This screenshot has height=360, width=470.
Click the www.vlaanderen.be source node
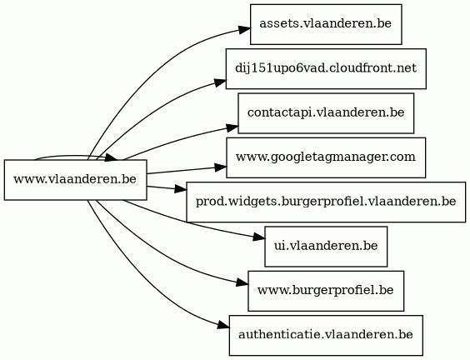[x=75, y=179]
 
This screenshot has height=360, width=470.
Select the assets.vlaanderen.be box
[x=326, y=24]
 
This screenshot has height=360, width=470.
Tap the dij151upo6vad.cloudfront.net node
[x=326, y=68]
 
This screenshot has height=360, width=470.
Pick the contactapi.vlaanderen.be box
[x=326, y=113]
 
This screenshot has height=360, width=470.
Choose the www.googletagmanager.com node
[x=326, y=157]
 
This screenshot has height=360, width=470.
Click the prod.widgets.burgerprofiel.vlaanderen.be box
[x=326, y=202]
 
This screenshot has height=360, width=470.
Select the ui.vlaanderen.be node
[x=326, y=246]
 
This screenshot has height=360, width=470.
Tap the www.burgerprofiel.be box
[x=326, y=291]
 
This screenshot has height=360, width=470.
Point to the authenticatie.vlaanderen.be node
[x=326, y=335]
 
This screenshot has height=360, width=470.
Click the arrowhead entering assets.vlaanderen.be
[x=245, y=30]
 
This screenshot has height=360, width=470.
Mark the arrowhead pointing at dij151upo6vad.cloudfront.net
[x=220, y=82]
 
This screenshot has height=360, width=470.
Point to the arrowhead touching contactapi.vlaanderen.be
[x=232, y=128]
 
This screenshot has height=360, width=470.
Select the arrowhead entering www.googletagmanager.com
[x=221, y=167]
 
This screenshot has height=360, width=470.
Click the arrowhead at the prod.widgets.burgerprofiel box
[x=181, y=189]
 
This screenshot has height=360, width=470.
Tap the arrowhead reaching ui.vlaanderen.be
[x=259, y=238]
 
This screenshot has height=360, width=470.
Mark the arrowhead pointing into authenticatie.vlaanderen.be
[x=224, y=325]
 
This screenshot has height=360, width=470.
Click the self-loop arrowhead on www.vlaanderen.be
[x=112, y=157]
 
